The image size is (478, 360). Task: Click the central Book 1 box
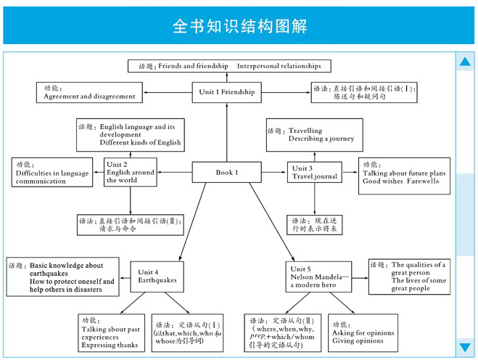click(x=226, y=172)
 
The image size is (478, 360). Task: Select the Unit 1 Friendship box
click(x=227, y=92)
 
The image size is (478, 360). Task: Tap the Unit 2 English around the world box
click(x=130, y=172)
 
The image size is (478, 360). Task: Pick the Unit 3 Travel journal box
click(x=314, y=173)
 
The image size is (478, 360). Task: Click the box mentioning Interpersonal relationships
click(x=228, y=66)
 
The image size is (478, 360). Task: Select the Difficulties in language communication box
click(x=51, y=173)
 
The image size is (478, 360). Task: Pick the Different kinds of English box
click(x=130, y=135)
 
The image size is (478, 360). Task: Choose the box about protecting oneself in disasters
click(x=63, y=277)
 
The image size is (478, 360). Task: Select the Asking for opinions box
click(x=363, y=332)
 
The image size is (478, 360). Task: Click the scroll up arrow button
click(x=465, y=62)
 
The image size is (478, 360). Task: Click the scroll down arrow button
click(x=465, y=348)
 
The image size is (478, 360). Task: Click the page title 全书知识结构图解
click(x=239, y=26)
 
